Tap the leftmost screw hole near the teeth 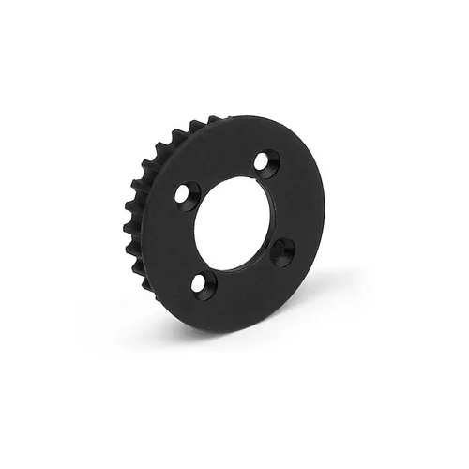pos(187,195)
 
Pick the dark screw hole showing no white pos(282,251)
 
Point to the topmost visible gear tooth pos(214,121)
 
